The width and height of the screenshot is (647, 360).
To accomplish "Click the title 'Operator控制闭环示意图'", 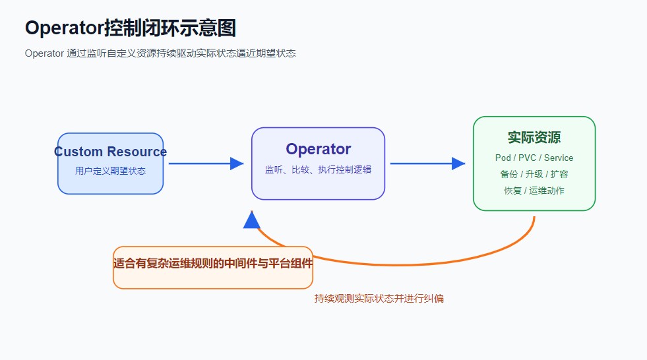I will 131,28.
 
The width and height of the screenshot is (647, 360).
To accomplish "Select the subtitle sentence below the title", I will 160,53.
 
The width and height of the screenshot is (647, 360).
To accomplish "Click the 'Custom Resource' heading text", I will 110,152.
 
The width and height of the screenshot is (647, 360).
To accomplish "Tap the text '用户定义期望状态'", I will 110,171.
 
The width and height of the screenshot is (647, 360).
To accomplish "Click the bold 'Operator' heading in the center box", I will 318,149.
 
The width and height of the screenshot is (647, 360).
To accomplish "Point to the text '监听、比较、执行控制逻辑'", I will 318,169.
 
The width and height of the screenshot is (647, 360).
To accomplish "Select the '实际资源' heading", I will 534,137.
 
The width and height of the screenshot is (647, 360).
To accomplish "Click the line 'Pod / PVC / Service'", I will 534,158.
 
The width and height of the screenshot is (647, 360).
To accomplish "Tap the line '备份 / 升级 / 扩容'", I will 534,174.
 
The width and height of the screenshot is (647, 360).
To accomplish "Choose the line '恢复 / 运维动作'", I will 534,191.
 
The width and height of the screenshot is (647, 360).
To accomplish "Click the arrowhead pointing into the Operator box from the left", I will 237,164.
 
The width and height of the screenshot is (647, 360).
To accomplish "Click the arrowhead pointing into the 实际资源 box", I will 458,164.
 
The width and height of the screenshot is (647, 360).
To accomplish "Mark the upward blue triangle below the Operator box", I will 251,221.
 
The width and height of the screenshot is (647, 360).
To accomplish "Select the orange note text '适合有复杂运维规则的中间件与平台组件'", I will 212,263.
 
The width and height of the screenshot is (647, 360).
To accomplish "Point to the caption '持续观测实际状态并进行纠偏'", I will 379,299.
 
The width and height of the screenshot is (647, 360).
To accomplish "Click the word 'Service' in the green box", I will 558,158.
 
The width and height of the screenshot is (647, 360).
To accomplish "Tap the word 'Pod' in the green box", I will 503,158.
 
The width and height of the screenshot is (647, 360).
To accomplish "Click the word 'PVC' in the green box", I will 528,158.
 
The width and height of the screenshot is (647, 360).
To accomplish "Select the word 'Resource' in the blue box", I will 137,152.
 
